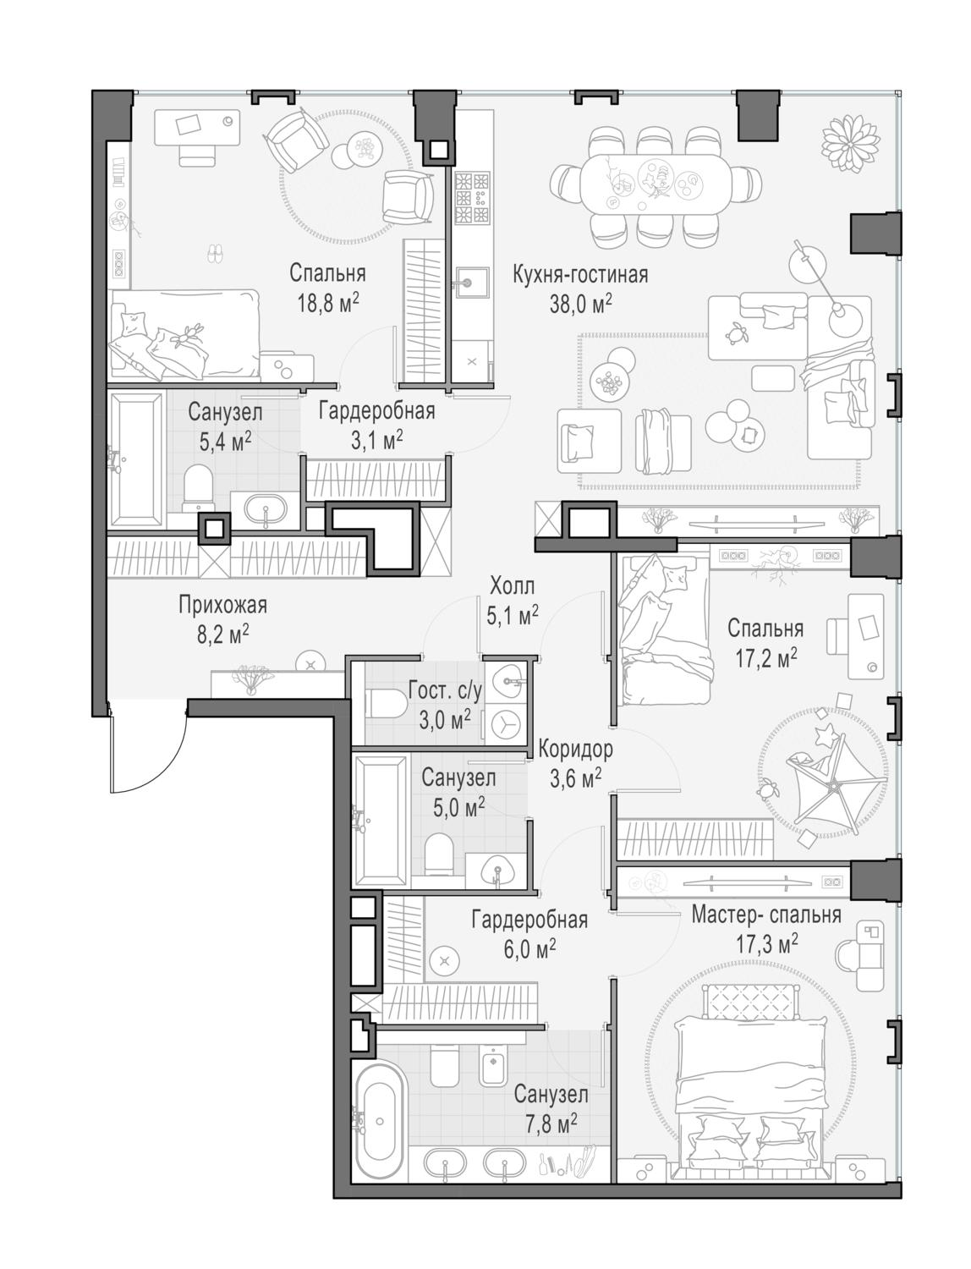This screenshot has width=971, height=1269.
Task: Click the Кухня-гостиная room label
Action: (x=580, y=275)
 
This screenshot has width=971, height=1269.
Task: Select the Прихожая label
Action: (x=222, y=605)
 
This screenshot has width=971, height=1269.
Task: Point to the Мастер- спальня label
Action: (x=765, y=915)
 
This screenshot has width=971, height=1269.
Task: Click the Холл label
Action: (x=512, y=587)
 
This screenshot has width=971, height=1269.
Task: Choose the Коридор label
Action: (x=575, y=750)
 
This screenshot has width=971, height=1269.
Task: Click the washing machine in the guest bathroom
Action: (x=504, y=723)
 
